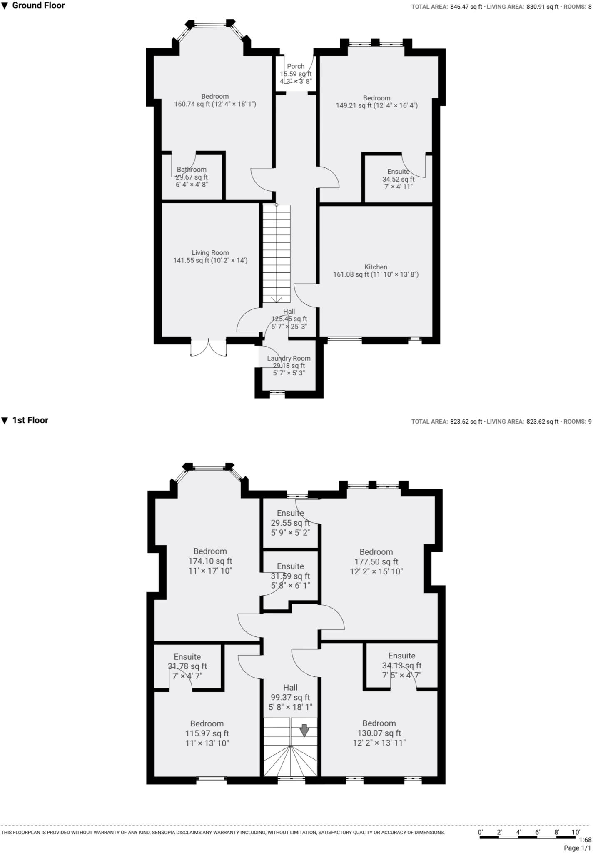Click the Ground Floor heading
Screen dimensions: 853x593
[38, 5]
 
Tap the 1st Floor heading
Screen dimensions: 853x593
[30, 420]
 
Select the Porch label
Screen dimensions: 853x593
[296, 66]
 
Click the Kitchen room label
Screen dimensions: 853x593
[376, 267]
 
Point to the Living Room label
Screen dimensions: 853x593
[210, 253]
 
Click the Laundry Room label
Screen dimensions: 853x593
[289, 358]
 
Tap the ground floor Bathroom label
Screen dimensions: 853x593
[192, 170]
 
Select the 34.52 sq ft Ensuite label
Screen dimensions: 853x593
[399, 172]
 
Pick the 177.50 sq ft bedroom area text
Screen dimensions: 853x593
[376, 562]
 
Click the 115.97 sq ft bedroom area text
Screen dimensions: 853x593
[207, 733]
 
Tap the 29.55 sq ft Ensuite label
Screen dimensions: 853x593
[290, 513]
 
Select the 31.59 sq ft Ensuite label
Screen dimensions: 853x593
[290, 566]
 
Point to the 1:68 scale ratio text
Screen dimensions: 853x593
[585, 840]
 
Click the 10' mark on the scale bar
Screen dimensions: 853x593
[576, 832]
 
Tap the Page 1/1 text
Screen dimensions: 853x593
[577, 848]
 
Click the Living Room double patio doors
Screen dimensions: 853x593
[209, 348]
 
